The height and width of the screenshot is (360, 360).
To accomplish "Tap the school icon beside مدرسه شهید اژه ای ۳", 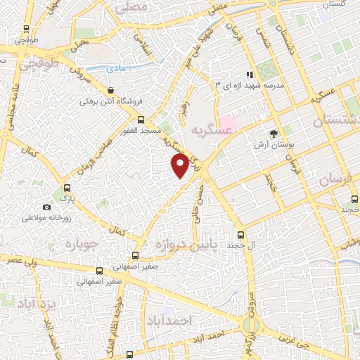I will point(248,74).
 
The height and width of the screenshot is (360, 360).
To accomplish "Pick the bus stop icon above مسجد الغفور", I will point(141,120).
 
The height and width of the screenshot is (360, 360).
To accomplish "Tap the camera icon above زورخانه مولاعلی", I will point(46,207).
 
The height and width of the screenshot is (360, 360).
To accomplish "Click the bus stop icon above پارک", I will point(67,188).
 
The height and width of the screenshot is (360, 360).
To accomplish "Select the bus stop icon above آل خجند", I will point(241,235).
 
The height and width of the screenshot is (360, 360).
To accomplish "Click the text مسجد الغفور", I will point(141,131).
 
